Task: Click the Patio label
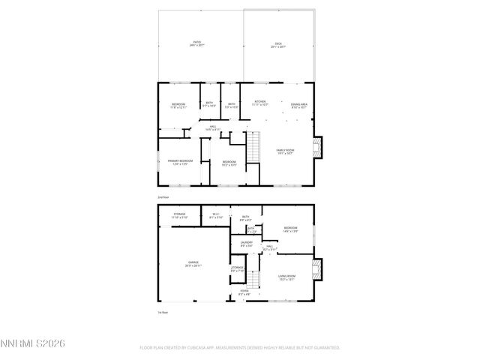197,43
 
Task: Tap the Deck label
279,44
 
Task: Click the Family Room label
284,151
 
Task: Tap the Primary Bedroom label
180,163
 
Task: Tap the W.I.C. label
217,216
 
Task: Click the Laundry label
246,243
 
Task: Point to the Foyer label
244,293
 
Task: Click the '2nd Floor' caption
163,197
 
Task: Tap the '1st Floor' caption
162,310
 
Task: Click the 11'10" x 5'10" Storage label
180,216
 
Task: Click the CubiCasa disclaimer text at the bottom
239,348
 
